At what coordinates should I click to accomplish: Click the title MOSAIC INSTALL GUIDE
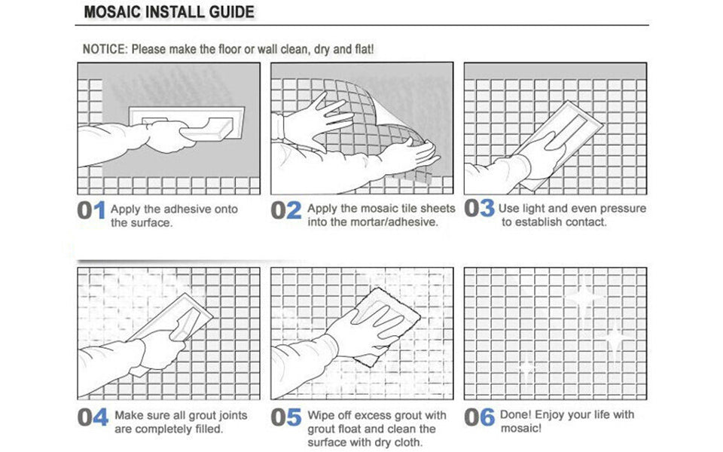click(169, 13)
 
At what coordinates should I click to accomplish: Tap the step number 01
click(92, 211)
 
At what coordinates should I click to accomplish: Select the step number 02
click(286, 211)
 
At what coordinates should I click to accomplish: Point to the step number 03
click(479, 209)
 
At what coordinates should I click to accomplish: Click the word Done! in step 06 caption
click(516, 414)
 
